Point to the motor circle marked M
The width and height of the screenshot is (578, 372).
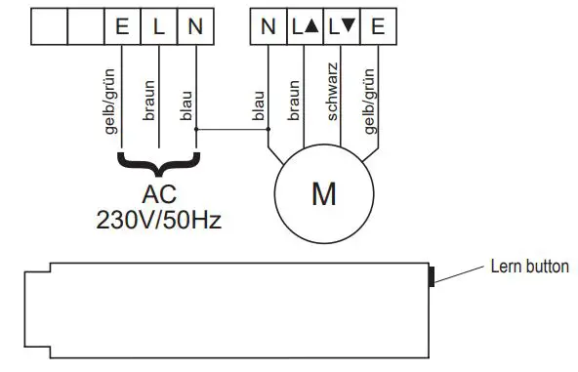click(322, 193)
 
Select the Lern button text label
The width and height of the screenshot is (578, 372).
click(528, 267)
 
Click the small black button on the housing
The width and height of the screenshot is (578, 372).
click(432, 276)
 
